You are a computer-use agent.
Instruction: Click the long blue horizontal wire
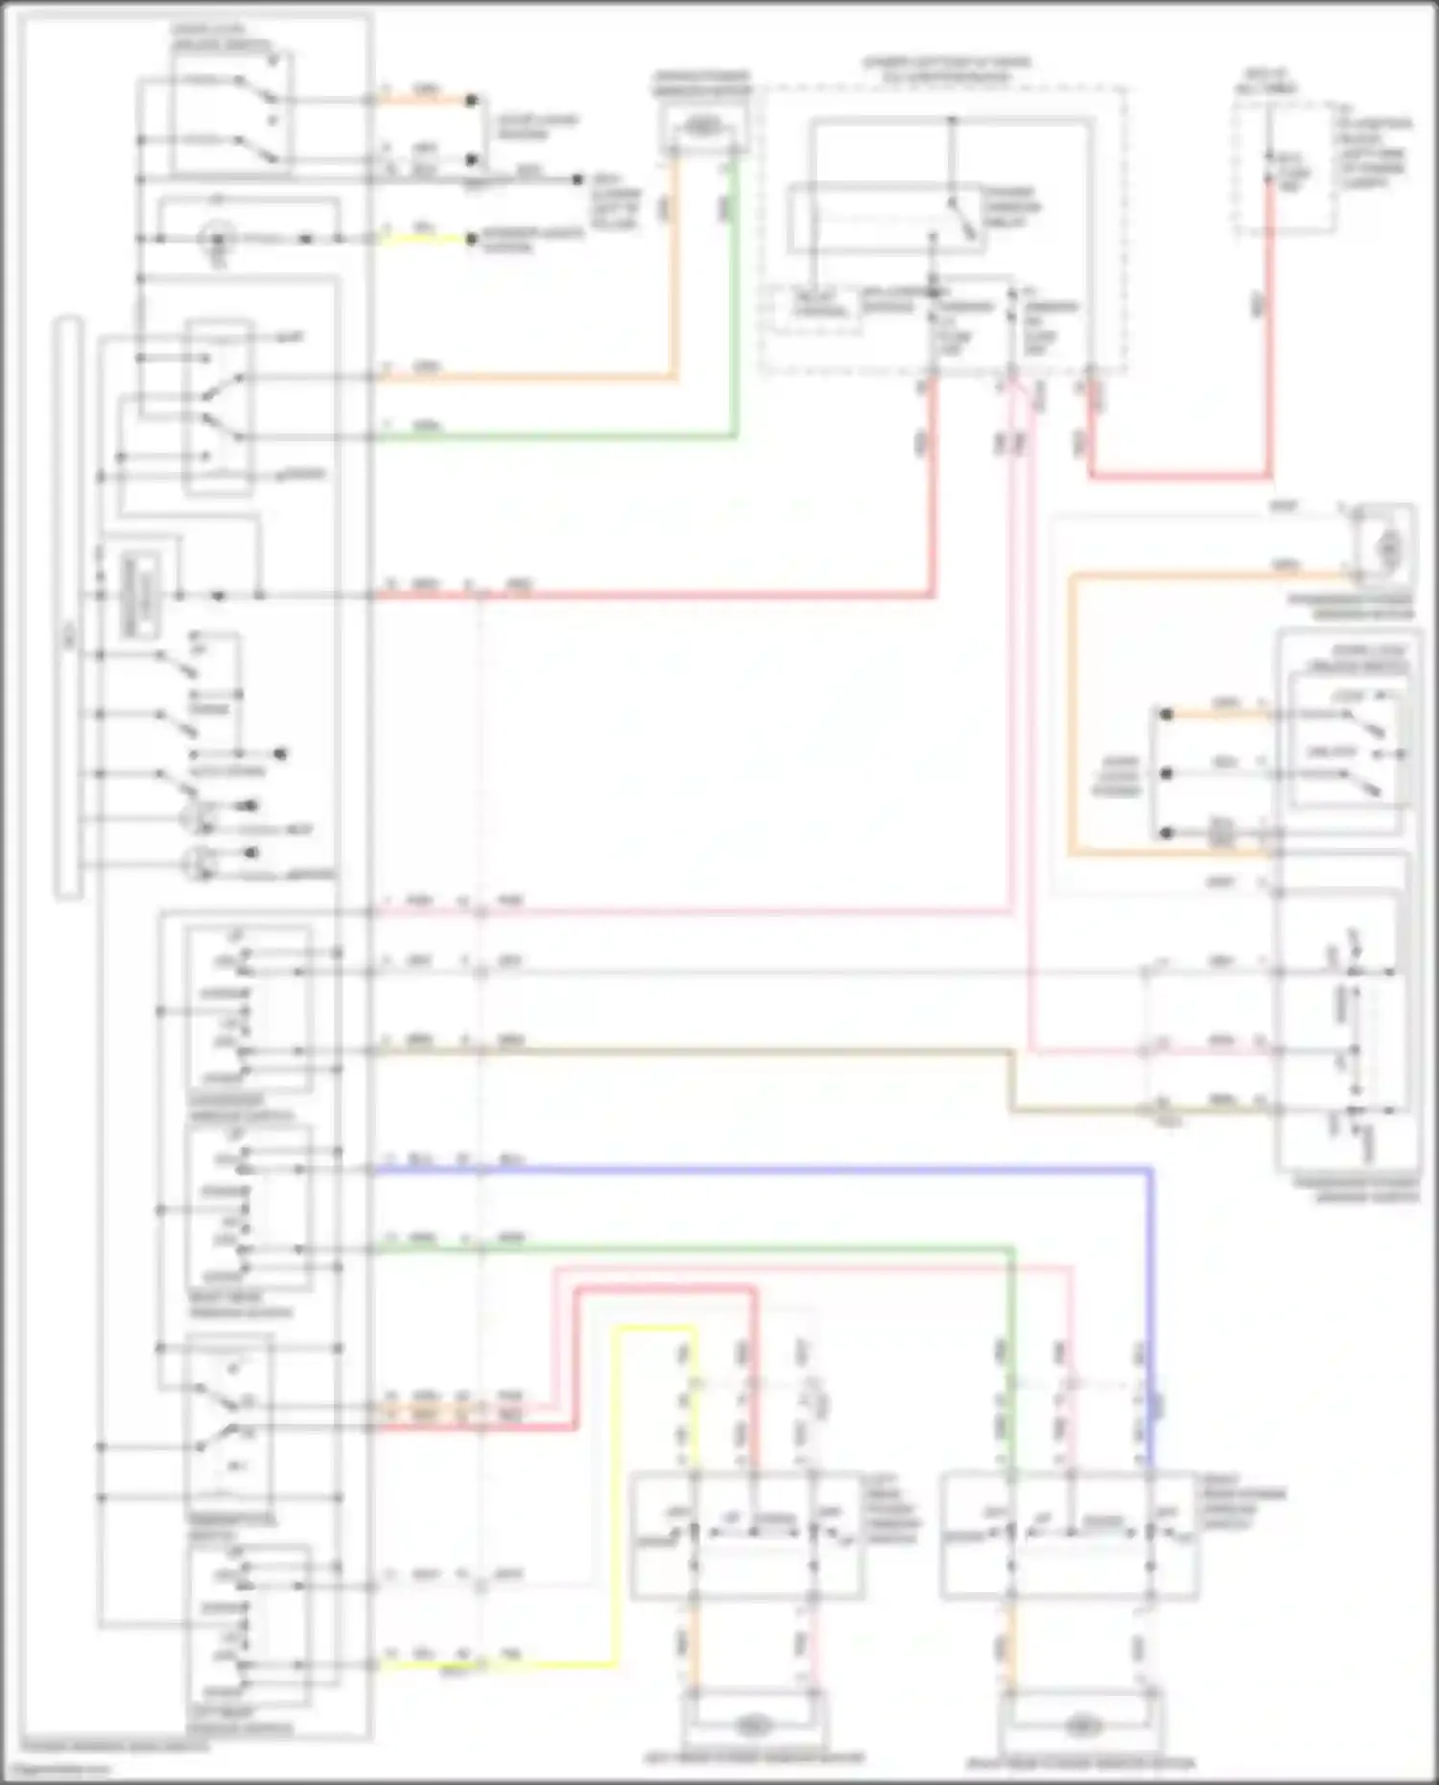click(767, 1170)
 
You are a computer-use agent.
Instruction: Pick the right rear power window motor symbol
click(1080, 1725)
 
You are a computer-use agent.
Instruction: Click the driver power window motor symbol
click(704, 126)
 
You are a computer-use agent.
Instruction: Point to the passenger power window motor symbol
click(1386, 548)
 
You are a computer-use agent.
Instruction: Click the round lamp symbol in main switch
click(219, 238)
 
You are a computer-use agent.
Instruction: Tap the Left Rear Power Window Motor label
click(754, 1758)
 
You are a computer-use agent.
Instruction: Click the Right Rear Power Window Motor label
click(1082, 1763)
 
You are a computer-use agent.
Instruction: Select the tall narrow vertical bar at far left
click(68, 606)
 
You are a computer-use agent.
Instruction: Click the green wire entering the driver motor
click(736, 288)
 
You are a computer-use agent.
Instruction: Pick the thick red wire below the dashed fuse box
click(1180, 475)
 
